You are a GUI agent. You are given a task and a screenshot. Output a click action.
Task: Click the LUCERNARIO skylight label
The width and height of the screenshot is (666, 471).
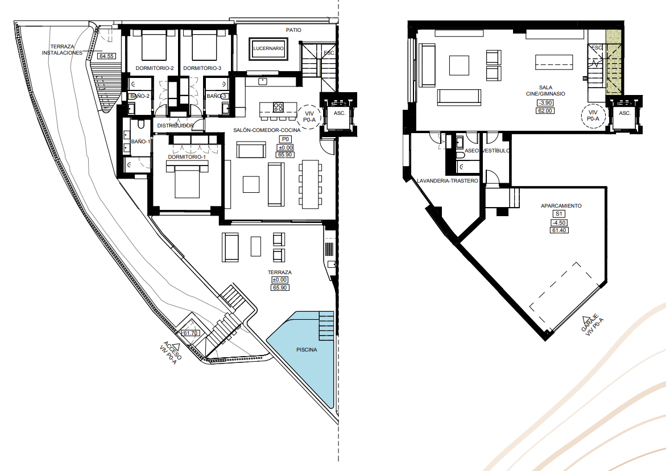click(268, 48)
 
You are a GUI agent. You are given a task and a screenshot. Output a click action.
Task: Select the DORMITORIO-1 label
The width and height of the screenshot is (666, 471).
click(187, 157)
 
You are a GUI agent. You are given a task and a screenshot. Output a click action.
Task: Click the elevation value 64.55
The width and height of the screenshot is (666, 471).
click(106, 56)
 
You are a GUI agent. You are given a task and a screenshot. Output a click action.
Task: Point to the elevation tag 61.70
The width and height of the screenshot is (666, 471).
click(191, 333)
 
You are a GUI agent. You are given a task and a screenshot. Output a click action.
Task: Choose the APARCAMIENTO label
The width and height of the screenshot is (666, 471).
click(561, 206)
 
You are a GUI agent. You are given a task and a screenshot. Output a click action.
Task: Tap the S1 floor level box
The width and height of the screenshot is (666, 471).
click(559, 214)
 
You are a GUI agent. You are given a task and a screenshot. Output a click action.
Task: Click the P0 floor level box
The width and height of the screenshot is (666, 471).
click(286, 139)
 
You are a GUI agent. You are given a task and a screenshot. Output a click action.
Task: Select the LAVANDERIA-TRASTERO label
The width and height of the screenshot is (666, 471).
click(447, 181)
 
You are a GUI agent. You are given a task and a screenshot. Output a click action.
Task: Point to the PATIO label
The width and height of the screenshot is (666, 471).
click(293, 30)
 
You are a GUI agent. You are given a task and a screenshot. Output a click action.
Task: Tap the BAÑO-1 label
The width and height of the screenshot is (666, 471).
click(140, 142)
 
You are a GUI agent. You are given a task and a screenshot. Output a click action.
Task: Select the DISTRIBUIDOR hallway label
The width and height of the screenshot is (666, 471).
click(175, 126)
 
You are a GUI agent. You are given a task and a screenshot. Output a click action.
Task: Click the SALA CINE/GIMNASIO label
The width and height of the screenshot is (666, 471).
click(545, 90)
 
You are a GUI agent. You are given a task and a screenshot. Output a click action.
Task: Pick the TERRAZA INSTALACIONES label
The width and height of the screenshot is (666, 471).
click(63, 49)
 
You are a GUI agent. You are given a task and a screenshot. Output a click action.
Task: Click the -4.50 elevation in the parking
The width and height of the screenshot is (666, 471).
click(559, 222)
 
